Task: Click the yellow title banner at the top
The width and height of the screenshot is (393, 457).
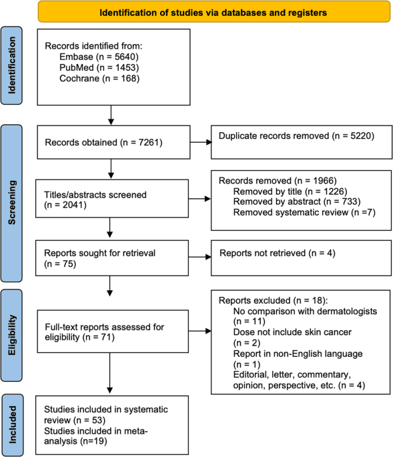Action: [x=214, y=12]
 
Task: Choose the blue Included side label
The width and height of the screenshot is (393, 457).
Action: [x=13, y=424]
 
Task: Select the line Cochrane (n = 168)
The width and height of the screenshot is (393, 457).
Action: [x=92, y=79]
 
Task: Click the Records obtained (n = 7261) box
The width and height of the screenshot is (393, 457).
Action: [x=110, y=141]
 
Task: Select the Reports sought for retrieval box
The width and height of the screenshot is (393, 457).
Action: [x=110, y=258]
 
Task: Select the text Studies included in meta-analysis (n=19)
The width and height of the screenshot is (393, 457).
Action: [x=98, y=437]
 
